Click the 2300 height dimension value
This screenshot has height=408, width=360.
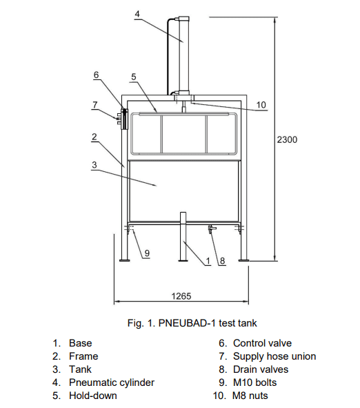coord(287,139)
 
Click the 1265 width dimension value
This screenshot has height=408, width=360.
coord(181,296)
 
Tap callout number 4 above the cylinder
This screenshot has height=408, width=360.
coord(137,14)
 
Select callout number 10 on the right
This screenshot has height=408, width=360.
coord(261,105)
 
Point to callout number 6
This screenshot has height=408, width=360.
coord(96,75)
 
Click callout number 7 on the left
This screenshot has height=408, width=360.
coord(95,105)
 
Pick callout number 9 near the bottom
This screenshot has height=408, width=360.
coord(147,253)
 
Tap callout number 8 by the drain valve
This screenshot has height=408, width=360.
coord(222,260)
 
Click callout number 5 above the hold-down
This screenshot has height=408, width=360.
coord(134,77)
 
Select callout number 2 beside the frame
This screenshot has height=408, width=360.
coord(94,137)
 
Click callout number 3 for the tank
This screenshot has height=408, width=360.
coord(94,165)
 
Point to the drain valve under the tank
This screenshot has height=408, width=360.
coord(212,229)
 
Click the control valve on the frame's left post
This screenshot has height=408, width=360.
coord(125,119)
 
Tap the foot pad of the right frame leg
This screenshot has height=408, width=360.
coord(244,260)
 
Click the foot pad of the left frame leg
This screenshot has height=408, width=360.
coord(125,260)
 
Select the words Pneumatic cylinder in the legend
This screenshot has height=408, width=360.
coord(112,382)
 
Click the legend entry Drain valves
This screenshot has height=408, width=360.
coord(261,369)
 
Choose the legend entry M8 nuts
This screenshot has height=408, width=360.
coord(250,396)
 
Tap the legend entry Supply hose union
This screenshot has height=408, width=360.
coord(274,356)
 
